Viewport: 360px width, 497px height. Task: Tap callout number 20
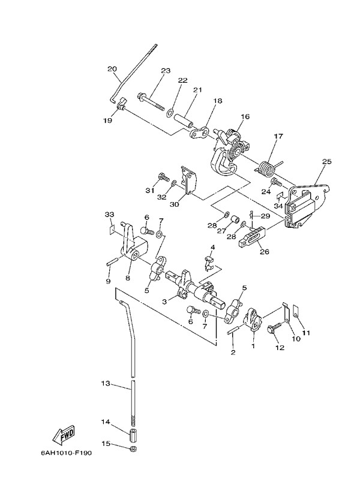(x=112, y=68)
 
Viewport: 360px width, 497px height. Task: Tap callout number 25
(x=326, y=161)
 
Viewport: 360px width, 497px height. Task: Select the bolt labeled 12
(x=271, y=329)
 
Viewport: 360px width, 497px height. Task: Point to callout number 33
(x=109, y=215)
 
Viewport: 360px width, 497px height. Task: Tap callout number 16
(x=245, y=116)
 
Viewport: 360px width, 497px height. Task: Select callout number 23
(x=166, y=71)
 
